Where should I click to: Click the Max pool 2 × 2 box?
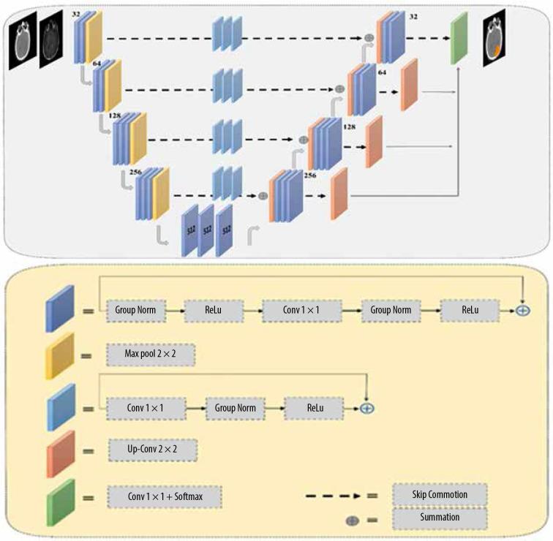(151, 355)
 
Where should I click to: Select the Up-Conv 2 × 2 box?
(153, 450)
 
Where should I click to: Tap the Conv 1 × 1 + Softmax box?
(165, 497)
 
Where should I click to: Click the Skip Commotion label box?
(440, 494)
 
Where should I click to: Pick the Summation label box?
(440, 518)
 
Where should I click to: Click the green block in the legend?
(61, 502)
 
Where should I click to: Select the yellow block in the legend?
(60, 356)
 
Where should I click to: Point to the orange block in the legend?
(61, 454)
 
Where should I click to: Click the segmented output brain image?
(494, 38)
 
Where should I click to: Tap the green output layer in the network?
(459, 39)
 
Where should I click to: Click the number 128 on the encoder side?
(115, 116)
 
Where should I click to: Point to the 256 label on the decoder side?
(310, 175)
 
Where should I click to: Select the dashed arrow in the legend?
(333, 496)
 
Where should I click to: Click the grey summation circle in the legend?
(353, 521)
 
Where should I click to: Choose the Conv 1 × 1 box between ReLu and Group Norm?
(302, 311)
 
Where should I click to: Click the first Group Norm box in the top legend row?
(136, 311)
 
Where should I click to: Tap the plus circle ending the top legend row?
(523, 311)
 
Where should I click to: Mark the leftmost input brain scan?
(23, 40)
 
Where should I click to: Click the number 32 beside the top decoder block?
(414, 17)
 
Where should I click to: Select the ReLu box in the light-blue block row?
(315, 409)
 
